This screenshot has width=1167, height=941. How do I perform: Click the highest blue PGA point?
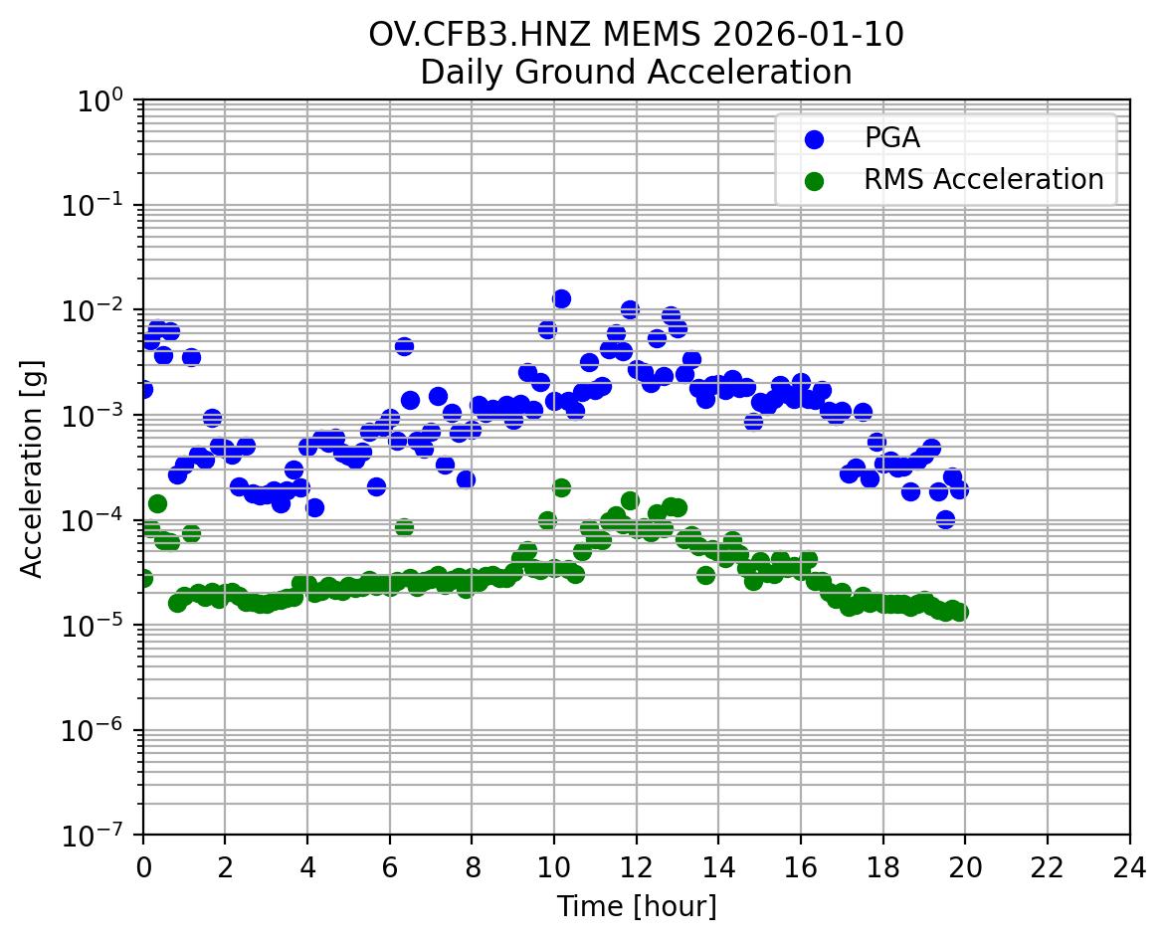tap(561, 298)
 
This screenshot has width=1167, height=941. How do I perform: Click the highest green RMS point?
tap(561, 487)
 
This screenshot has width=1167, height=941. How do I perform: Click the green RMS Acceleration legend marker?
tap(815, 180)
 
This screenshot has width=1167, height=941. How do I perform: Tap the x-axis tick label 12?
tap(637, 867)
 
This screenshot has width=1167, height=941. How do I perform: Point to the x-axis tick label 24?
tap(1129, 867)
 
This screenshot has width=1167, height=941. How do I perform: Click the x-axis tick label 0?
tap(143, 867)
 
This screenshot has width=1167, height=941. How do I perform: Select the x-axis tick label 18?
tap(883, 867)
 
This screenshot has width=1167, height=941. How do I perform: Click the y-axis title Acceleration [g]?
tap(32, 468)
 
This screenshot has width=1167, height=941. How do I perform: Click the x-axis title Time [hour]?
tap(636, 907)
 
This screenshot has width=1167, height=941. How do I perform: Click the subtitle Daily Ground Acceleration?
tap(636, 73)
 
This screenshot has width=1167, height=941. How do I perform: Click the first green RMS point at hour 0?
tap(144, 578)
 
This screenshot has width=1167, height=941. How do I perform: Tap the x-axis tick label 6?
tap(390, 867)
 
